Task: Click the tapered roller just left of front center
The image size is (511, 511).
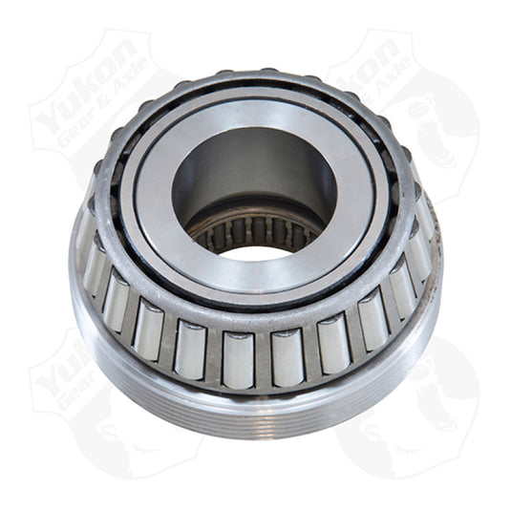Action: click(x=235, y=357)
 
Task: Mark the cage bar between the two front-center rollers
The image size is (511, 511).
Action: click(x=261, y=359)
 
